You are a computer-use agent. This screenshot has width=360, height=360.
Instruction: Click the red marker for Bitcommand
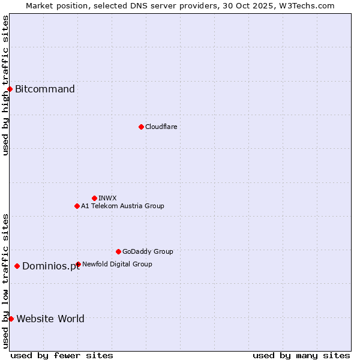point(10,89)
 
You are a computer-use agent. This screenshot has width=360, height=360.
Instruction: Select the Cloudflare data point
point(141,127)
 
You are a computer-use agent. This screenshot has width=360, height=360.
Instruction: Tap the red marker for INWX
point(94,198)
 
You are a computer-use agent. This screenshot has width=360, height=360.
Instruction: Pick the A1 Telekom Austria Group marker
point(77,206)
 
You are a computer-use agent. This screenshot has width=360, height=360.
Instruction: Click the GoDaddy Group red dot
point(118,251)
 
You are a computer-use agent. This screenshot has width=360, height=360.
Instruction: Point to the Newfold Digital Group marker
point(78,264)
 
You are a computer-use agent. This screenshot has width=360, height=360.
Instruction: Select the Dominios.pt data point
point(17,266)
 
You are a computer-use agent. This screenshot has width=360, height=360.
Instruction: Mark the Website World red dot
point(11,319)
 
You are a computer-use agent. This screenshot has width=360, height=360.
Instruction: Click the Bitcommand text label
point(45,89)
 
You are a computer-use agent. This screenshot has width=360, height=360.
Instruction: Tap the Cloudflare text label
point(161,127)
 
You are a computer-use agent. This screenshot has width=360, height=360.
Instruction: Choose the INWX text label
point(107,198)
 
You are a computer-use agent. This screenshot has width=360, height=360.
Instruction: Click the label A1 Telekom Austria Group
point(122,206)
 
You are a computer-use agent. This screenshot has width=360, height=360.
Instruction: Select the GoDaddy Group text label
point(148,251)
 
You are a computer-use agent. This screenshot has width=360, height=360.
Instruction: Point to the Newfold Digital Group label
point(117,264)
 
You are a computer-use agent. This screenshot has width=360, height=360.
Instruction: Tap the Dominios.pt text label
point(51,266)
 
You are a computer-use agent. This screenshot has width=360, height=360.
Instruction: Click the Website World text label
point(50,319)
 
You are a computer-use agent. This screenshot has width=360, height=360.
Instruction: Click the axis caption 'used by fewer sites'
point(62,355)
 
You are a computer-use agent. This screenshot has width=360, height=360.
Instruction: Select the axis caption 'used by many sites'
point(301,355)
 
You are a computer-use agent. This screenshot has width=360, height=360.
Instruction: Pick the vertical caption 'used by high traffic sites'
point(5,85)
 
